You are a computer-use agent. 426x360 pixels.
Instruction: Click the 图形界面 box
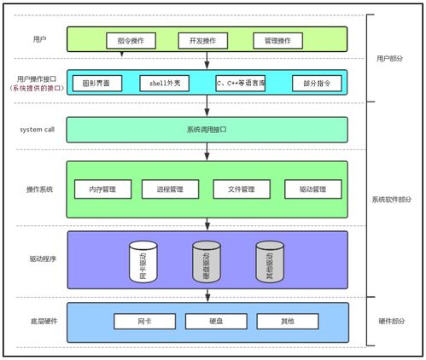tap(96, 83)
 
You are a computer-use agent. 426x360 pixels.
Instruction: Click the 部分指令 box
tap(317, 83)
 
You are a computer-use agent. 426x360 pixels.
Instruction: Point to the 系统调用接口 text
tap(207, 130)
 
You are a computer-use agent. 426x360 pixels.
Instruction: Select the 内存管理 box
tap(96, 189)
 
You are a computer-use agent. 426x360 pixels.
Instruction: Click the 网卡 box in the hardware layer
tap(144, 322)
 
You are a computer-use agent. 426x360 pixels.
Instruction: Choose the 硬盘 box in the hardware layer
tap(216, 322)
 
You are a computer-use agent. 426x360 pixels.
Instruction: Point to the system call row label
tap(38, 130)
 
